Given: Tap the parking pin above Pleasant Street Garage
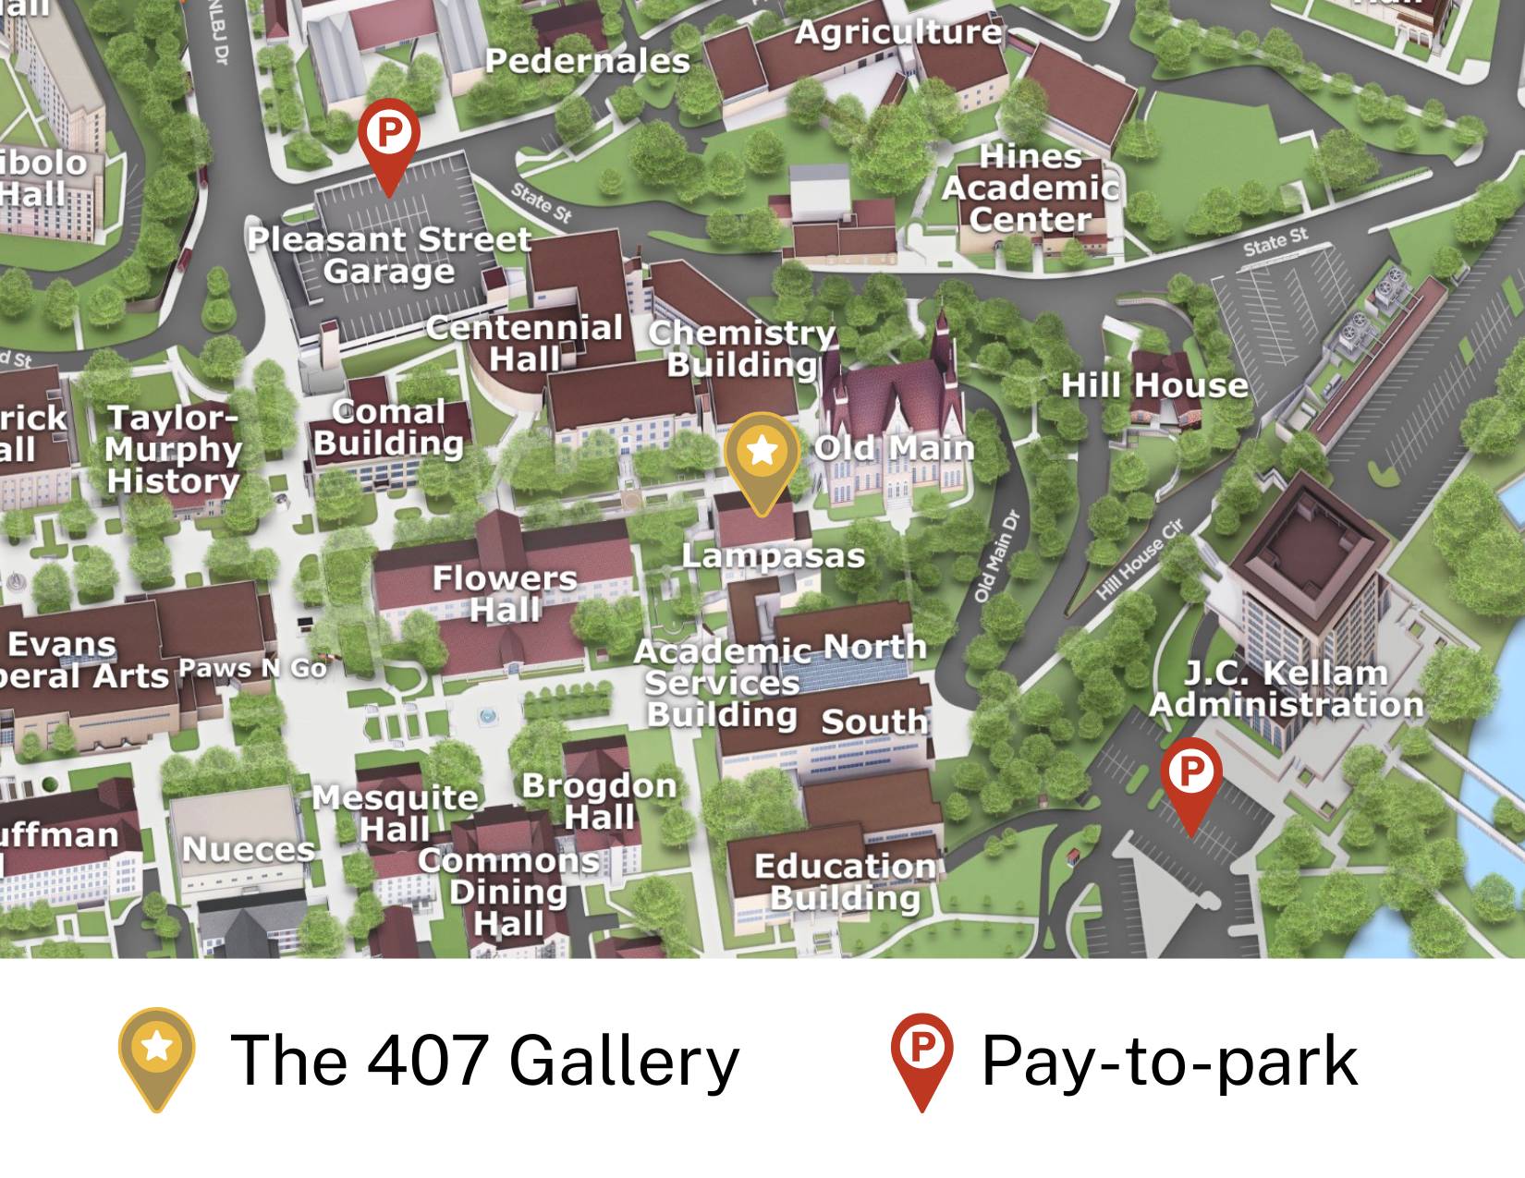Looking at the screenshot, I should [x=389, y=135].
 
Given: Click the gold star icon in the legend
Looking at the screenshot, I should [x=156, y=1049].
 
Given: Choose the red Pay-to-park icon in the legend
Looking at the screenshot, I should [x=921, y=1051].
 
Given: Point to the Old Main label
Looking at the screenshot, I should [x=894, y=448].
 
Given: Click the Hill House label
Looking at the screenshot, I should [x=1153, y=384].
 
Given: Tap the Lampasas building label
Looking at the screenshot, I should [x=773, y=555].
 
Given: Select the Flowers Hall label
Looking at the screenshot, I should [x=505, y=594].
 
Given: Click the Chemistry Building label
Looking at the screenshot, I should [x=742, y=348].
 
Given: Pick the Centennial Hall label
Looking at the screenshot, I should [x=524, y=343].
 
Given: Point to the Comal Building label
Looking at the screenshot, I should [x=388, y=427].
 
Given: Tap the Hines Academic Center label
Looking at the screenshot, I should [x=1031, y=188].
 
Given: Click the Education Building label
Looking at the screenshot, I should [x=846, y=881].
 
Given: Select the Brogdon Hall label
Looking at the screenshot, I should [x=599, y=800].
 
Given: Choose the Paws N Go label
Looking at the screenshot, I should [x=252, y=668].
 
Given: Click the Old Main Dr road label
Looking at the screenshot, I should [x=998, y=556].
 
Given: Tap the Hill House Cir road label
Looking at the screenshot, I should [x=1141, y=561].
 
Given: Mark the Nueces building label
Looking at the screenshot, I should [x=249, y=849].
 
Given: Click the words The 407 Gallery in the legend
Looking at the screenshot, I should [x=484, y=1060].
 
